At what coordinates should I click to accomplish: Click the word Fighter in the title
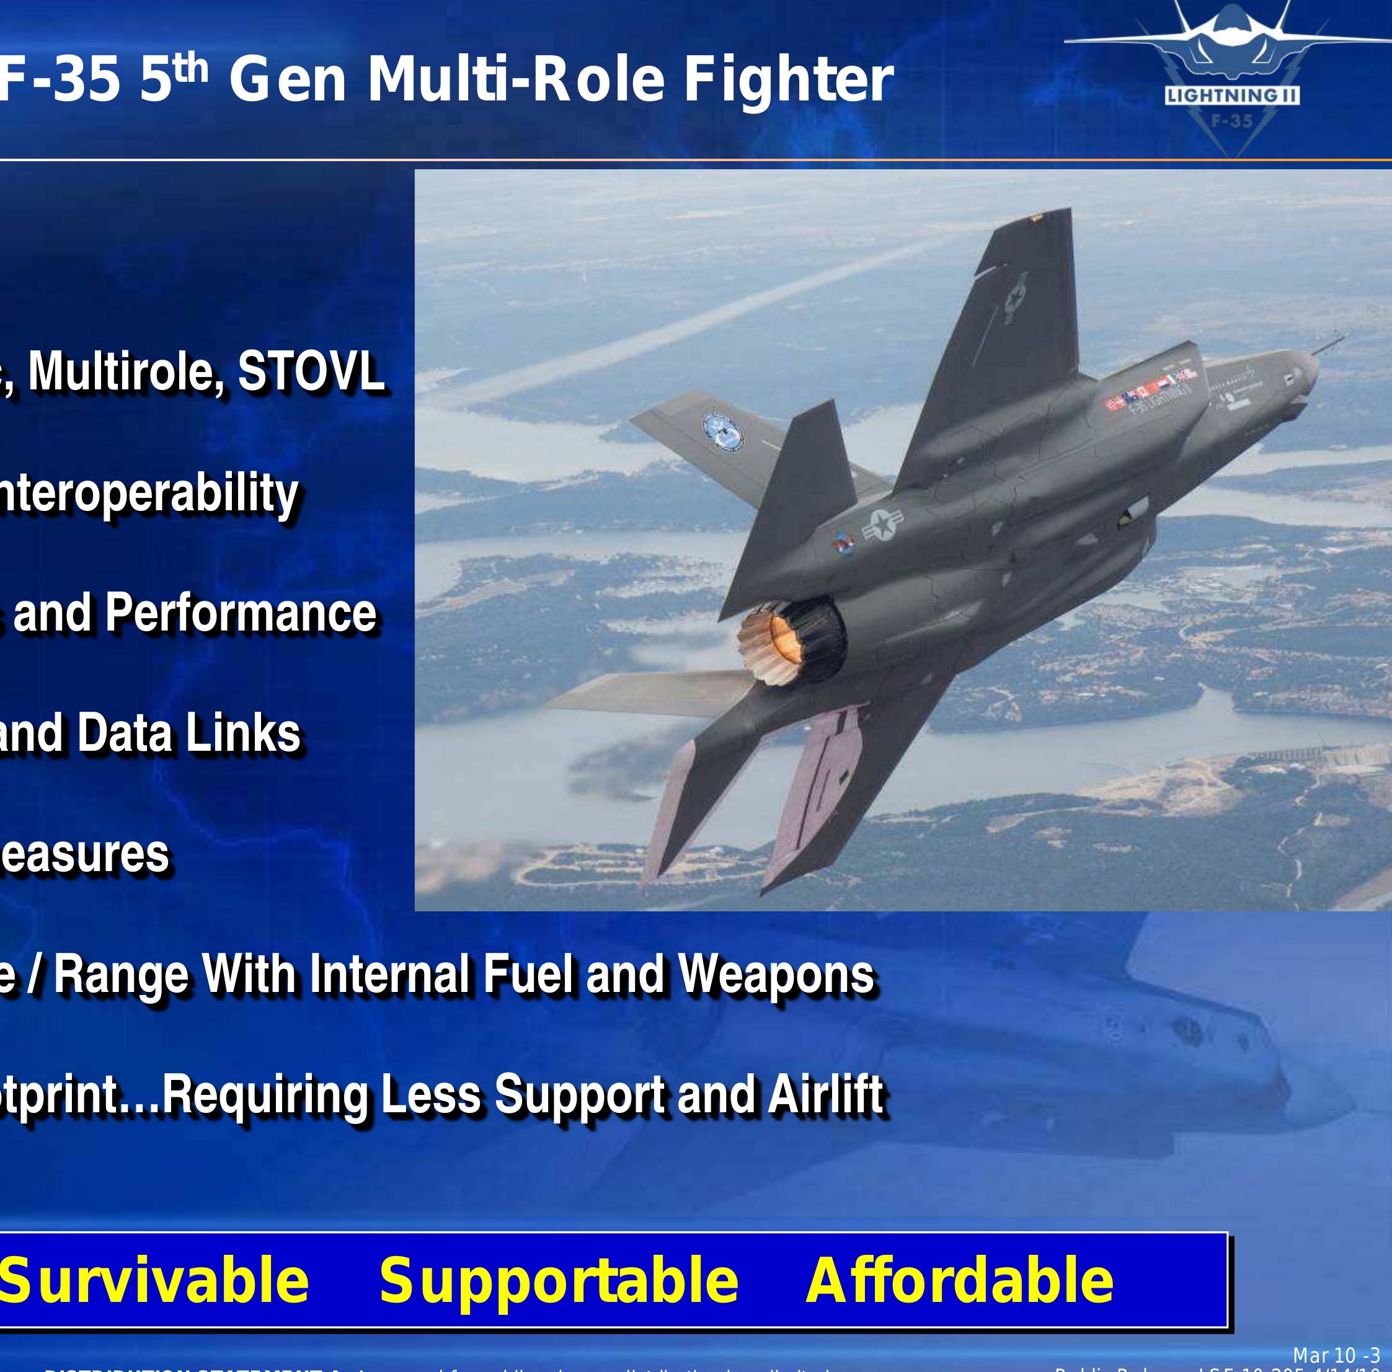tap(788, 80)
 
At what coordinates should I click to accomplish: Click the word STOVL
tap(311, 372)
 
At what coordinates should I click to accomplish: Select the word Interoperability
tap(148, 494)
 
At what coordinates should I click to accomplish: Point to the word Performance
tap(241, 613)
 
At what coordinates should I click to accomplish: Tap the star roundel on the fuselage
tap(882, 524)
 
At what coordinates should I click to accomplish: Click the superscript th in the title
tap(191, 67)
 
